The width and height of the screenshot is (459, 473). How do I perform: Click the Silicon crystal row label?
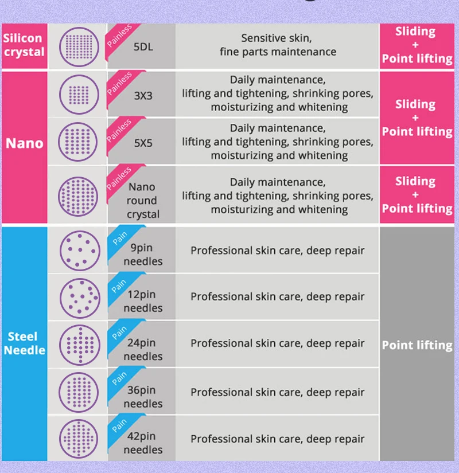[x=24, y=45]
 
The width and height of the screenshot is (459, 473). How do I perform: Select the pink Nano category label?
[x=24, y=143]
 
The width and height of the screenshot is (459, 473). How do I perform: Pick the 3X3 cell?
[x=143, y=96]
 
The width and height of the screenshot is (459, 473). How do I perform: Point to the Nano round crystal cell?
[x=142, y=200]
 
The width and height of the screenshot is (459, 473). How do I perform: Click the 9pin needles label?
[x=143, y=255]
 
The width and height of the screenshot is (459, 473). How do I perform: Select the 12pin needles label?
[x=143, y=301]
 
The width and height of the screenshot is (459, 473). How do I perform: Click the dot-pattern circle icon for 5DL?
[x=79, y=46]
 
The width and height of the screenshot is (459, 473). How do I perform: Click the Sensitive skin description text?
[x=278, y=45]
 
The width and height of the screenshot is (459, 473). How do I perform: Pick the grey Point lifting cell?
[x=417, y=345]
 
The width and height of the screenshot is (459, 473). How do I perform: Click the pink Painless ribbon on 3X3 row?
[x=119, y=84]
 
